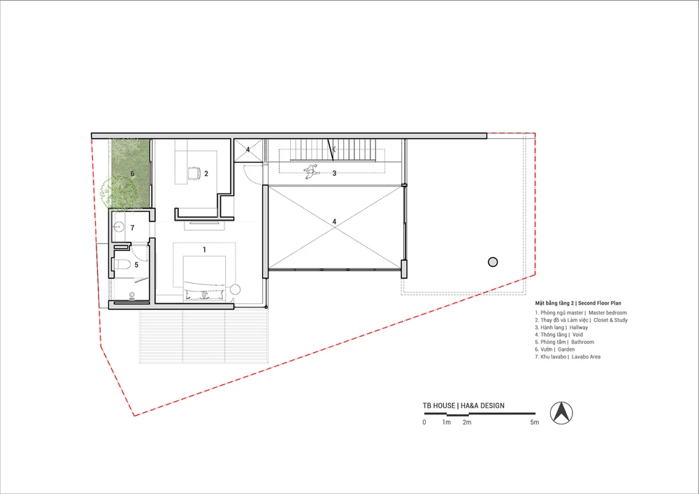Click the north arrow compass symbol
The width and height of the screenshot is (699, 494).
point(561,412)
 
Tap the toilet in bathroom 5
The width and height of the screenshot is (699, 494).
point(122,265)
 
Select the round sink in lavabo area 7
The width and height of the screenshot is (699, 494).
point(118,227)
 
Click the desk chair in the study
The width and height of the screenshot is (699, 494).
point(194,173)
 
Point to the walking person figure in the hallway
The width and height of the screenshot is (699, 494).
point(311,171)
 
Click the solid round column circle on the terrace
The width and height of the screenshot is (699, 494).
point(493,262)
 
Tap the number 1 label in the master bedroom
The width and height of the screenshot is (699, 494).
point(205,250)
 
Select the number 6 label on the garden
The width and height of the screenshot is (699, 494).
point(132,173)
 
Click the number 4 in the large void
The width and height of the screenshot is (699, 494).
point(334,221)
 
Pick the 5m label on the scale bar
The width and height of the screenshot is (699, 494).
point(535,422)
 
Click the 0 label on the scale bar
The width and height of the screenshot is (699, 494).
point(424,422)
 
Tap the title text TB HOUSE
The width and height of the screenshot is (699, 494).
point(439,406)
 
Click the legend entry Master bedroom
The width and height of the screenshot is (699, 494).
point(607,313)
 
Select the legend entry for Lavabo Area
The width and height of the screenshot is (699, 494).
point(586,357)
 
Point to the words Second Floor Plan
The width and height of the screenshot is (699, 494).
point(600,303)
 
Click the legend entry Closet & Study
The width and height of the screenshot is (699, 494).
point(610,320)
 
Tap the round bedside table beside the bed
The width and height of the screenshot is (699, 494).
point(235,289)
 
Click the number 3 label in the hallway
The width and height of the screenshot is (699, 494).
point(334,173)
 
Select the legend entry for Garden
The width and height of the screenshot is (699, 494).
point(566,349)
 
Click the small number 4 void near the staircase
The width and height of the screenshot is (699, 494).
point(248,150)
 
